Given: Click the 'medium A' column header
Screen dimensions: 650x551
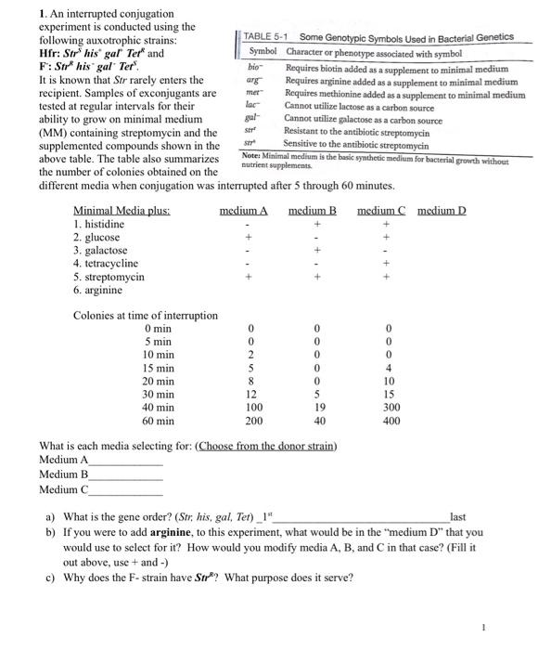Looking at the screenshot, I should pyautogui.click(x=243, y=211).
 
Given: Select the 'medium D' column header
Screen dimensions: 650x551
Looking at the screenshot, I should pyautogui.click(x=442, y=211).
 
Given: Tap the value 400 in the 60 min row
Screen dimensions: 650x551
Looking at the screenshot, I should pyautogui.click(x=391, y=421).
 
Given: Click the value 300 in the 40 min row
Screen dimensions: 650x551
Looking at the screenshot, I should pyautogui.click(x=391, y=408).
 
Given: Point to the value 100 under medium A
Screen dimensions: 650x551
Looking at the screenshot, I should pyautogui.click(x=250, y=408).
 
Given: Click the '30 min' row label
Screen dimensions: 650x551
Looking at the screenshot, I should pyautogui.click(x=159, y=395).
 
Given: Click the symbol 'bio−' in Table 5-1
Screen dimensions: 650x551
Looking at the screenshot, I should pyautogui.click(x=253, y=68).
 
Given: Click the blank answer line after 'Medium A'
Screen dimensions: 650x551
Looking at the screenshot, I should pyautogui.click(x=126, y=462).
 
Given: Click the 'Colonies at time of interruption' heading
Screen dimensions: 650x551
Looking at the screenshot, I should pyautogui.click(x=146, y=316).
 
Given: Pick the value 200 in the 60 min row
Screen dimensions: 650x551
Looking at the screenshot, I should pyautogui.click(x=250, y=421).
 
